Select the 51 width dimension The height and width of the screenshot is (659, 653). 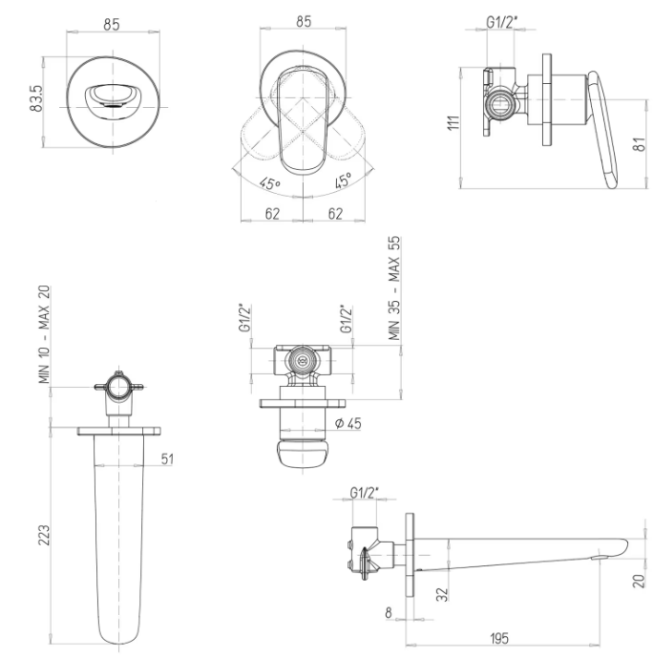tap(168, 459)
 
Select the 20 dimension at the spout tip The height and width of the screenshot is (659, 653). tap(637, 580)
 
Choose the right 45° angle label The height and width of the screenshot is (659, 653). tap(342, 180)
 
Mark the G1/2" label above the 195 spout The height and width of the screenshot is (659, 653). tap(365, 493)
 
